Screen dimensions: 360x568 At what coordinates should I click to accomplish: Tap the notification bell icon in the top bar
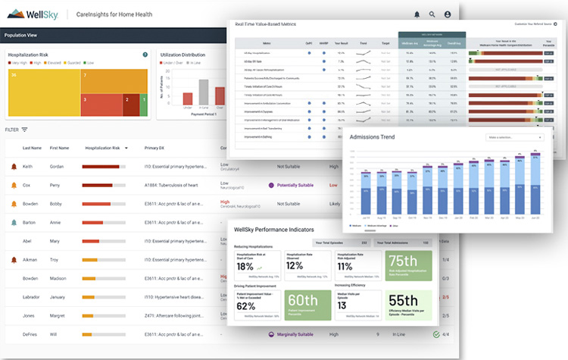click(417, 14)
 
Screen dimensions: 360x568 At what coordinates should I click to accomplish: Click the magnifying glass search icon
click(432, 14)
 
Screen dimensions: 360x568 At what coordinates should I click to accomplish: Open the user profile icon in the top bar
click(448, 14)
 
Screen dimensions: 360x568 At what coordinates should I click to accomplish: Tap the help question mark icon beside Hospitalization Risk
click(145, 55)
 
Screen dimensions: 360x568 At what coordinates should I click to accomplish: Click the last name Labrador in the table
click(32, 296)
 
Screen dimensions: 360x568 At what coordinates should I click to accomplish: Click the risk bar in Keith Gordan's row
click(105, 166)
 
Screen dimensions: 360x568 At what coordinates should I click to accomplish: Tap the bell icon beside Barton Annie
click(13, 222)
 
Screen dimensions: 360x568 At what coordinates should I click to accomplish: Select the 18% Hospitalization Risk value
click(245, 266)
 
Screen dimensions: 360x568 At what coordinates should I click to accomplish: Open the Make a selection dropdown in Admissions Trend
click(515, 137)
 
